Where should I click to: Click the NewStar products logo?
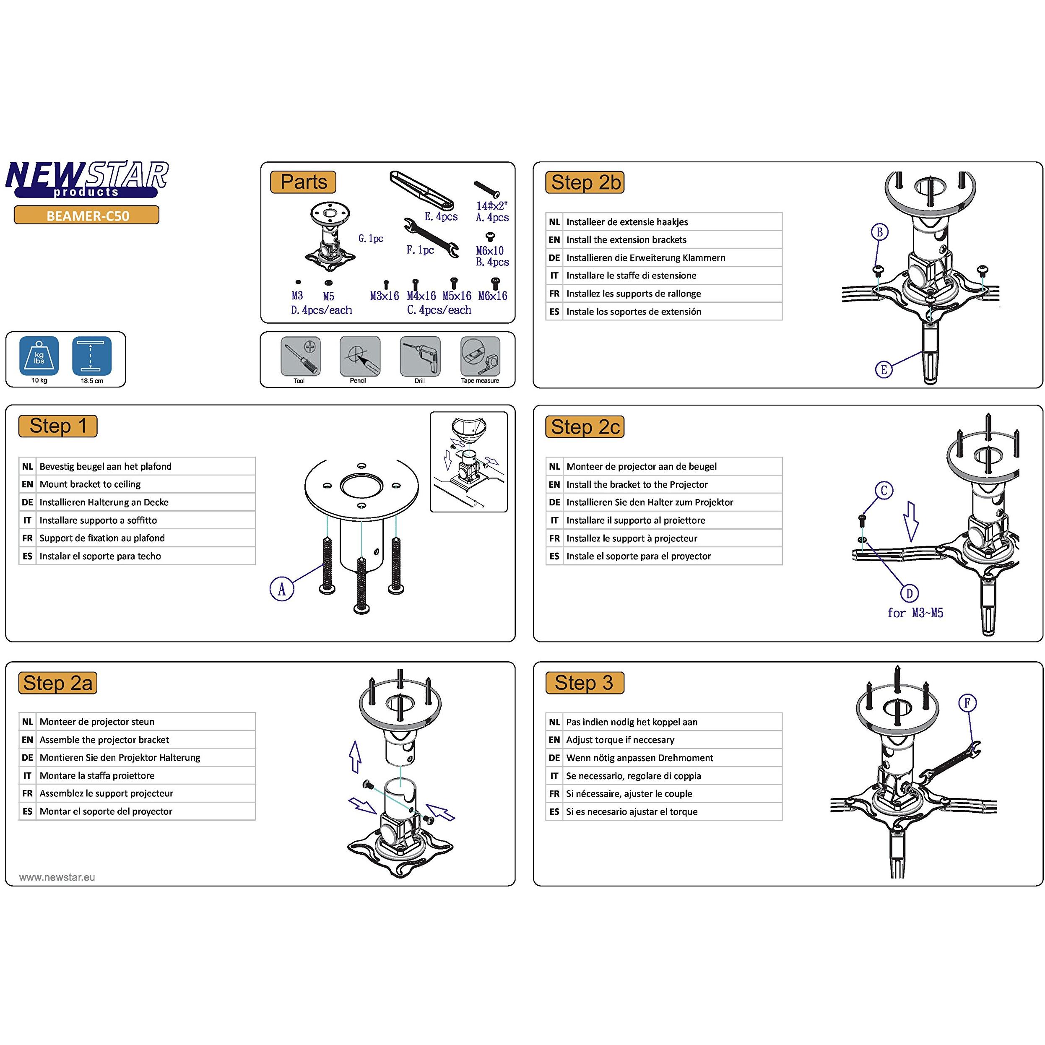click(x=86, y=179)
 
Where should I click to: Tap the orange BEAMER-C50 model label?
click(x=86, y=215)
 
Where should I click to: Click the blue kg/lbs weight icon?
click(x=39, y=356)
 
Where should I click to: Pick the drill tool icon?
click(x=420, y=356)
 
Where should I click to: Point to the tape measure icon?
click(x=480, y=356)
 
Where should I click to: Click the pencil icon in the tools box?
click(x=360, y=356)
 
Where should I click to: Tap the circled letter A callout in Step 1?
click(x=281, y=589)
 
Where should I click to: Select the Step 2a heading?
click(x=58, y=683)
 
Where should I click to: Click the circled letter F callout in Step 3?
click(x=967, y=703)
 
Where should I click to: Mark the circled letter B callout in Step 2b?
click(x=879, y=232)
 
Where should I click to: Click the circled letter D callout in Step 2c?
click(x=909, y=593)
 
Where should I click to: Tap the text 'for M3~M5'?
click(x=915, y=613)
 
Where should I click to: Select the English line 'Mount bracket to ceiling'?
click(x=90, y=484)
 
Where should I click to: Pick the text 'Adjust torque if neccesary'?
click(x=620, y=739)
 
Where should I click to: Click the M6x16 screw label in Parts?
click(x=493, y=296)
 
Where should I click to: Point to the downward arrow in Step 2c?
click(x=910, y=521)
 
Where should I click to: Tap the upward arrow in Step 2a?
click(x=355, y=756)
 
